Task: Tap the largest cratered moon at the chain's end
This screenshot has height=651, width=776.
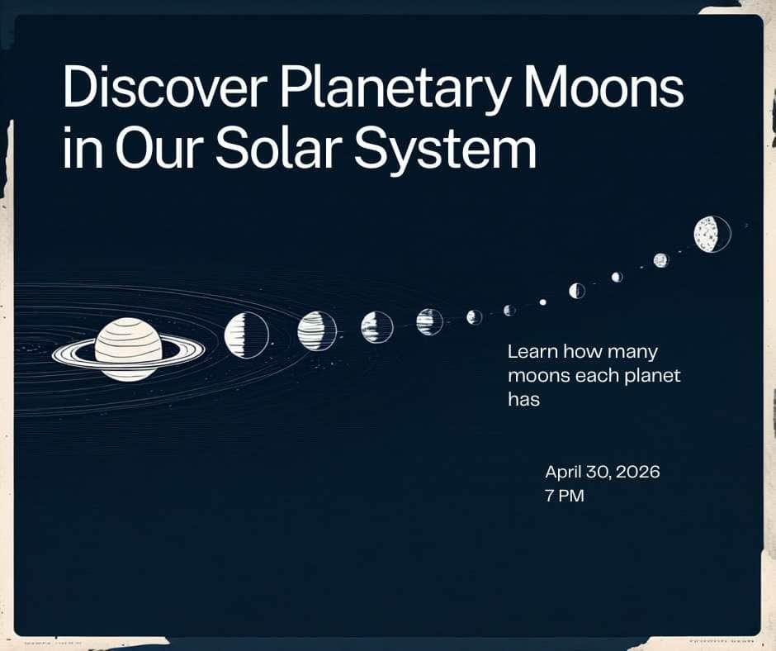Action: coord(711,234)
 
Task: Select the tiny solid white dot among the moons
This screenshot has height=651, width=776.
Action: coord(542,302)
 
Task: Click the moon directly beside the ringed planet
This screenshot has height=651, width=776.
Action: coord(246,335)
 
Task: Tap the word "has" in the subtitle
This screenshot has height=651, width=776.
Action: coord(523,400)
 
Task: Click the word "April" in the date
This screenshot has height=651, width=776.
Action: coord(565,473)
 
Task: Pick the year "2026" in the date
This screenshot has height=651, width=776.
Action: coord(636,473)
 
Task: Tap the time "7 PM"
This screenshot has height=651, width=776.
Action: coord(565,497)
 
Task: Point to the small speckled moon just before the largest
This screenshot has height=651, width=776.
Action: coord(660,260)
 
